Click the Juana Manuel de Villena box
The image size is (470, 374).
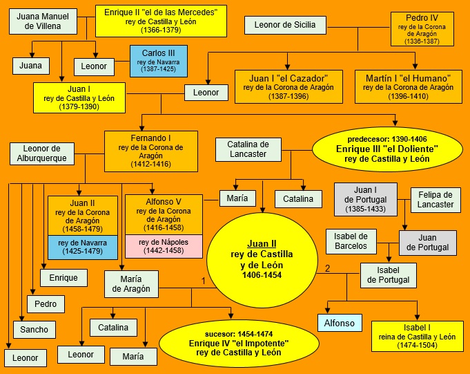(x=43, y=21)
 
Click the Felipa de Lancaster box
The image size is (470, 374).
(x=435, y=199)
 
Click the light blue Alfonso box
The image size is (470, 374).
(x=339, y=323)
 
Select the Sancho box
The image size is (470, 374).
(x=34, y=330)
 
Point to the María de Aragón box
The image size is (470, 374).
(x=130, y=283)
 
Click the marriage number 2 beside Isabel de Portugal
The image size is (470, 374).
(x=328, y=268)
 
